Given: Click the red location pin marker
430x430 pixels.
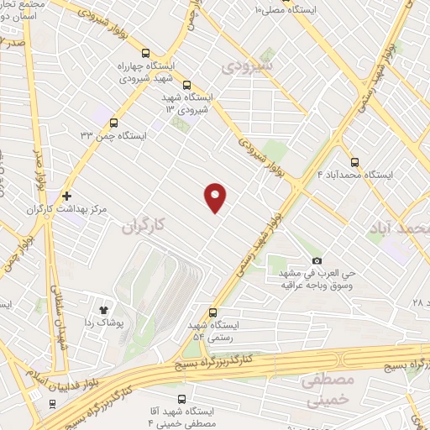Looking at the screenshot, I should coord(216,196).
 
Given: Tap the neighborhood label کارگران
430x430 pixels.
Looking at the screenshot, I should coord(139,226).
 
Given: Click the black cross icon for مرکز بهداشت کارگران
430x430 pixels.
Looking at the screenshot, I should coord(66,196).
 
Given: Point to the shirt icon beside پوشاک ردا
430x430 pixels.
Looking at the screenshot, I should coord(105,309).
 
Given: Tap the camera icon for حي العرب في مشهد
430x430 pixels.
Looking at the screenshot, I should coord(317,260).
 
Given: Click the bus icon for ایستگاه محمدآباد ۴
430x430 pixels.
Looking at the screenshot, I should coord(354,162).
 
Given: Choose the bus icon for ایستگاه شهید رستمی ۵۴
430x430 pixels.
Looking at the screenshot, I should coord(212,312).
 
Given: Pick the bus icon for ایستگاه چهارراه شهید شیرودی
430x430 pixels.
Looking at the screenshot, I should coord(147,52).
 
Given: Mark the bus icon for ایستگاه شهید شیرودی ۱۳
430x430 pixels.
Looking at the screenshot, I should coord(186,85).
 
